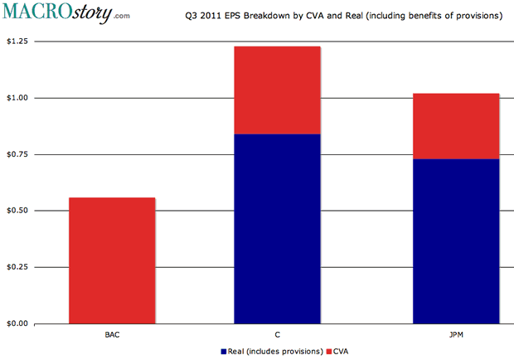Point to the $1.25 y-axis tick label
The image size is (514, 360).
click(16, 41)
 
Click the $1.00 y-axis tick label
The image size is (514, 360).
click(16, 98)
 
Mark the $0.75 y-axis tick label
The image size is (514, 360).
click(16, 154)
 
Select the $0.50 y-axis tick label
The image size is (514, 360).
click(16, 211)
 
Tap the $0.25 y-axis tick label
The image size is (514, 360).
click(16, 267)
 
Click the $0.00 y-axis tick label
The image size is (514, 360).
click(16, 324)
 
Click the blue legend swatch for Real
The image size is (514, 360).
click(223, 351)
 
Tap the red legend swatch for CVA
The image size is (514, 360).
click(329, 351)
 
